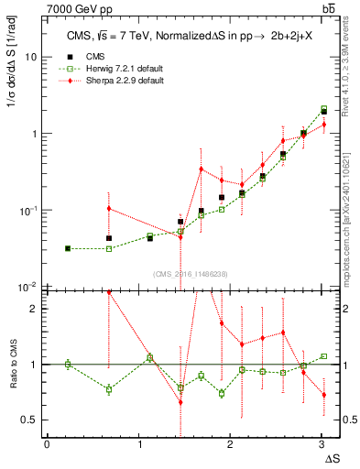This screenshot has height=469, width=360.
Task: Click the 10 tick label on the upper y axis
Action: click(x=30, y=56)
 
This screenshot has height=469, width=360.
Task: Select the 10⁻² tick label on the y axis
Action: click(x=27, y=287)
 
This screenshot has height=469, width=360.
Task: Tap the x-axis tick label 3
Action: click(x=322, y=444)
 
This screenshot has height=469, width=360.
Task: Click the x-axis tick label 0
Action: click(x=47, y=444)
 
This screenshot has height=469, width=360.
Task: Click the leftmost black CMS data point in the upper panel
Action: click(x=68, y=248)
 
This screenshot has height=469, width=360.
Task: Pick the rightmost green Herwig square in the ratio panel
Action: click(x=323, y=355)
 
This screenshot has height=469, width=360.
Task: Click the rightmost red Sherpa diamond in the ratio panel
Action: click(x=323, y=395)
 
